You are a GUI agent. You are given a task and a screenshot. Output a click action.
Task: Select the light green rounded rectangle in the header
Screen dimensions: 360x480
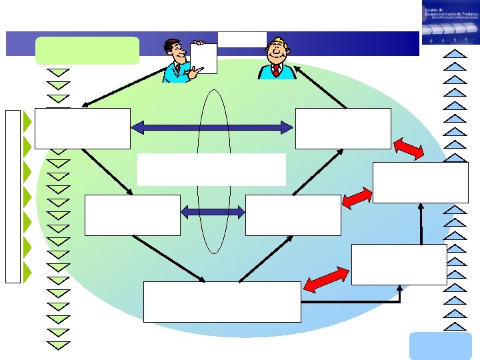pos(87,50)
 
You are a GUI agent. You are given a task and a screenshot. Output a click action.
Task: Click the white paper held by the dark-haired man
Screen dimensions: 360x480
pos(203,57)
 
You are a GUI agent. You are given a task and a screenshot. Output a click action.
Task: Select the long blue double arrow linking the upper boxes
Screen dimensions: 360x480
pos(213,127)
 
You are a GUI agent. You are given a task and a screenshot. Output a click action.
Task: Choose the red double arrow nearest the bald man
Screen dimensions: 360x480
pos(408,149)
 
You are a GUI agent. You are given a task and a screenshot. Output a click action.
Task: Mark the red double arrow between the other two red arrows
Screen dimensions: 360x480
pos(357,197)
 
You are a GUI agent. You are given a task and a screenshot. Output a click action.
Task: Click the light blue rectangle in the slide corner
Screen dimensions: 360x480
pos(430,345)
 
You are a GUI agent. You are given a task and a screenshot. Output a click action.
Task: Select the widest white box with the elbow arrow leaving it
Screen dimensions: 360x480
pos(222,301)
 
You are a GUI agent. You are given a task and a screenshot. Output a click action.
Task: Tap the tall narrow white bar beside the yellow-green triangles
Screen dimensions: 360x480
pos(13,195)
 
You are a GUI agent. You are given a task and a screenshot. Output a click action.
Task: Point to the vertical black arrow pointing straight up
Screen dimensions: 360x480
pos(421,223)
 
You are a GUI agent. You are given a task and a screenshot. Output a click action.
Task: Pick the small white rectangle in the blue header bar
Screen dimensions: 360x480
pos(241,39)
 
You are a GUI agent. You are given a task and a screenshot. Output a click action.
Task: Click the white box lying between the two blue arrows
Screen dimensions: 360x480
pos(211,169)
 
